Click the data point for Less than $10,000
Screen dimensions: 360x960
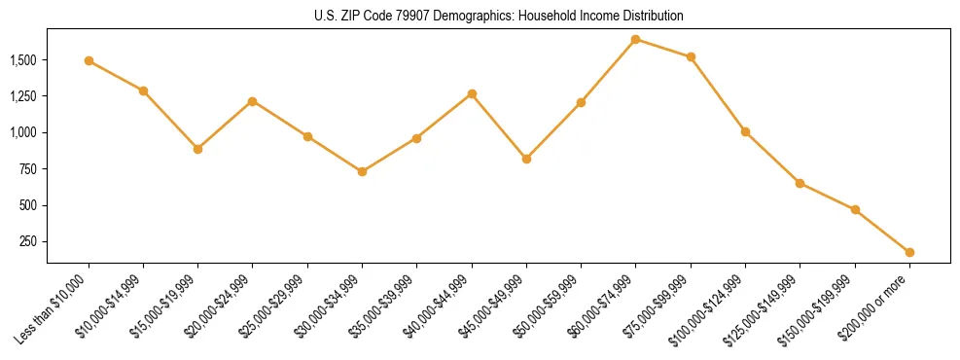click(x=89, y=60)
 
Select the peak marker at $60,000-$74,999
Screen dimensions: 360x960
click(x=635, y=39)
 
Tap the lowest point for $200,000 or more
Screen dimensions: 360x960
click(x=909, y=252)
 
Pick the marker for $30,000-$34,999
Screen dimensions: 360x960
click(x=362, y=171)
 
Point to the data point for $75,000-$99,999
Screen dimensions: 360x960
click(x=691, y=56)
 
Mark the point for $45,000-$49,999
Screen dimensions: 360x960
click(x=526, y=159)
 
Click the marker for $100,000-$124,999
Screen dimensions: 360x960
click(x=745, y=131)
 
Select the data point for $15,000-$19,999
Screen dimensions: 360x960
click(x=197, y=149)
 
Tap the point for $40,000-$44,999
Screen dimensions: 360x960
click(x=472, y=93)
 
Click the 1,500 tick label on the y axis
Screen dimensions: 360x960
click(x=23, y=60)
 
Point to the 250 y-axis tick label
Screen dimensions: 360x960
click(x=28, y=241)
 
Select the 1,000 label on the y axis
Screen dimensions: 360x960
click(x=23, y=132)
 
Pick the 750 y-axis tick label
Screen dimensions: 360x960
click(x=28, y=169)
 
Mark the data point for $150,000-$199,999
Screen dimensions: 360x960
click(x=855, y=209)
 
